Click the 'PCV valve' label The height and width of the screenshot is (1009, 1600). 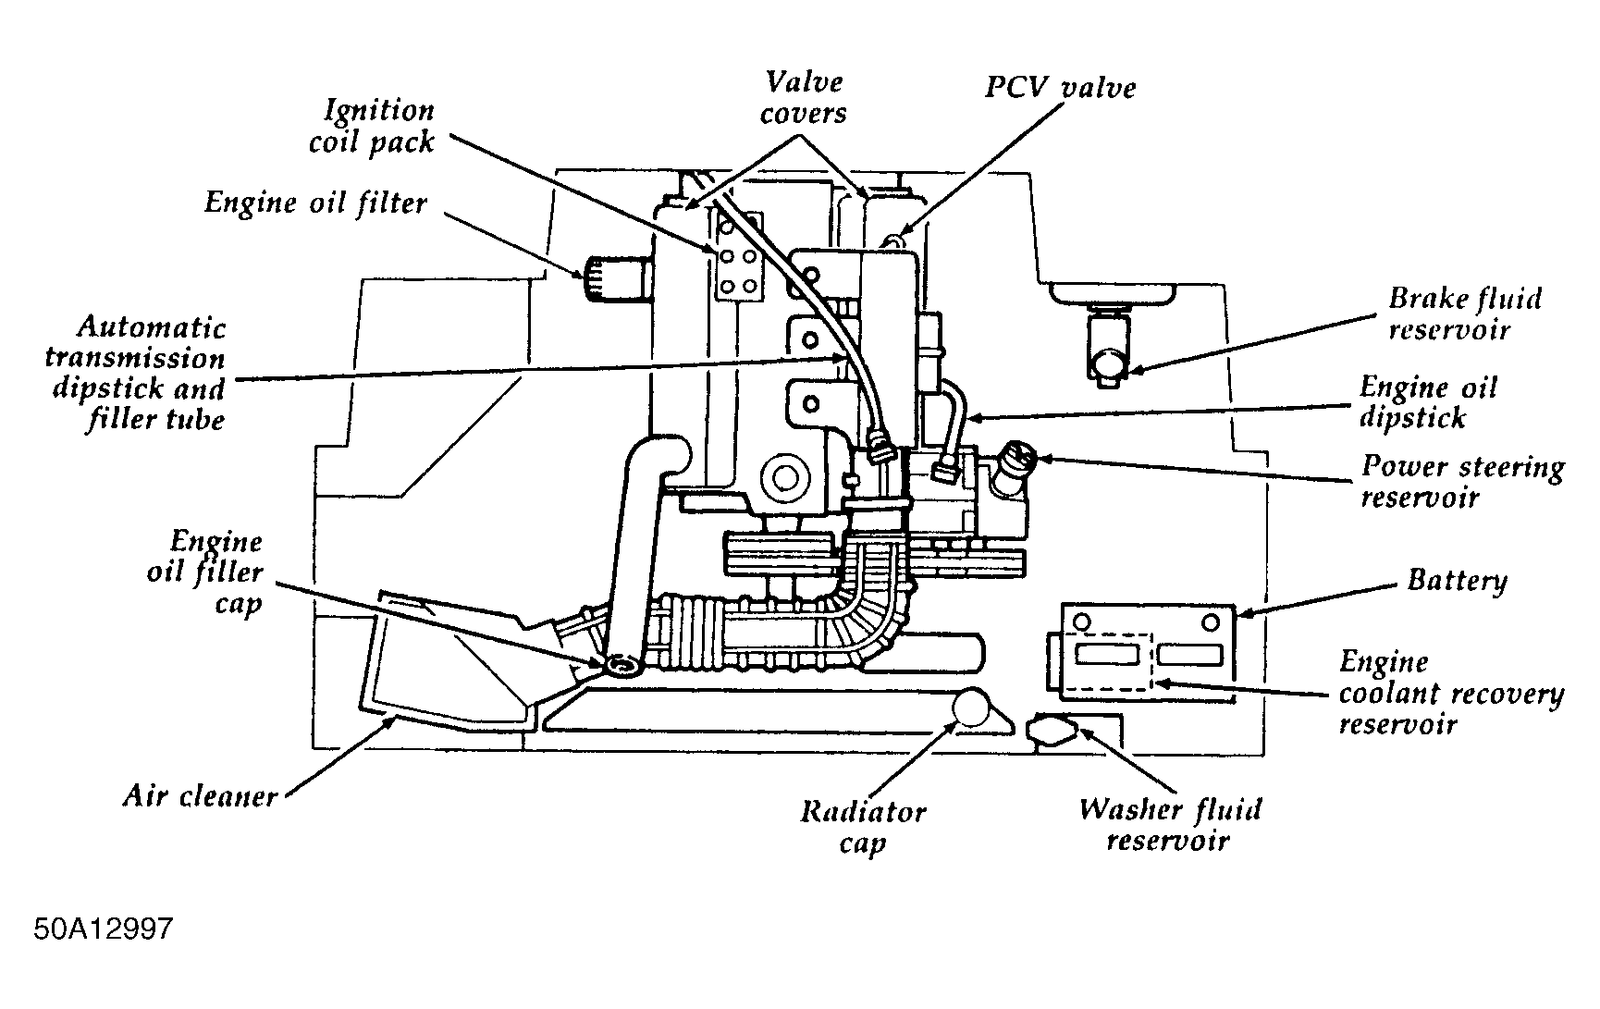[1060, 88]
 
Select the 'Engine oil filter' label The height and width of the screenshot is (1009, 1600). [315, 203]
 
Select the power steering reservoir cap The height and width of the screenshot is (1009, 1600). [1020, 457]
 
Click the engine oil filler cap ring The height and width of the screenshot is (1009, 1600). [621, 664]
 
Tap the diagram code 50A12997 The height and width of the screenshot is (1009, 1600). [104, 928]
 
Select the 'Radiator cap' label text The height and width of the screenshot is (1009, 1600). [862, 827]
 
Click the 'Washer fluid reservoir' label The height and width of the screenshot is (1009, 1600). [1168, 824]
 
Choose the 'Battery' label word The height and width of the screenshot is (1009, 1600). [1457, 581]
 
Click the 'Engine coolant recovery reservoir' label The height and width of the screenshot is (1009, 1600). [1450, 692]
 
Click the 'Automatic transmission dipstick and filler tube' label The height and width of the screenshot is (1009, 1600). [139, 373]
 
